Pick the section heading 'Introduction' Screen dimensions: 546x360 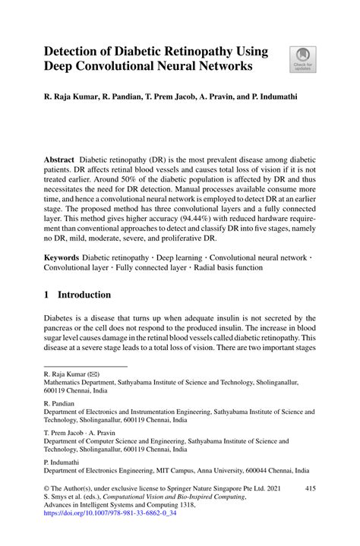click(x=79, y=295)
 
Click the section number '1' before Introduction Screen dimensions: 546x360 click(x=47, y=295)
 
